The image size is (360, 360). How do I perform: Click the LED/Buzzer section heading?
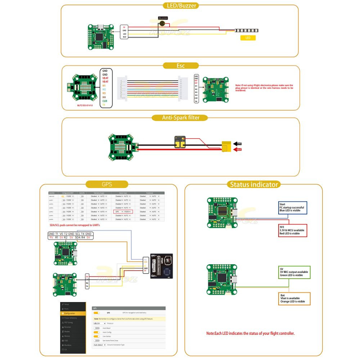pos(180,5)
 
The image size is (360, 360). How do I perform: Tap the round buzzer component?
pos(163,23)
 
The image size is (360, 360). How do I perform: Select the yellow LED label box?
pos(248,38)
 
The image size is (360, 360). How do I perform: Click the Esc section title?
pos(180,66)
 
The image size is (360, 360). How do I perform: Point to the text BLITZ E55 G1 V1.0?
pos(85,105)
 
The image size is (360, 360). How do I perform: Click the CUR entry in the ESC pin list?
pos(105,101)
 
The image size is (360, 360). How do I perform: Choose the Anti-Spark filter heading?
pos(180,118)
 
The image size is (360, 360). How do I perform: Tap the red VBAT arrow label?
pos(238,149)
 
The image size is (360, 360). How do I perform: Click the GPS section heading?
pos(107,184)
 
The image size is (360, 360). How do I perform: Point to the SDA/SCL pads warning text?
pos(75,225)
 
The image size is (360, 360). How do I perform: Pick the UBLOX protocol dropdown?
pos(99,323)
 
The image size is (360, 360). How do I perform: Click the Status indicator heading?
pos(254,184)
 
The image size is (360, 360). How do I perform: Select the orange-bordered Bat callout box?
pos(294,298)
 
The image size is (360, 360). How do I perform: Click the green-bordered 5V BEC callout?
pos(294,272)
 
